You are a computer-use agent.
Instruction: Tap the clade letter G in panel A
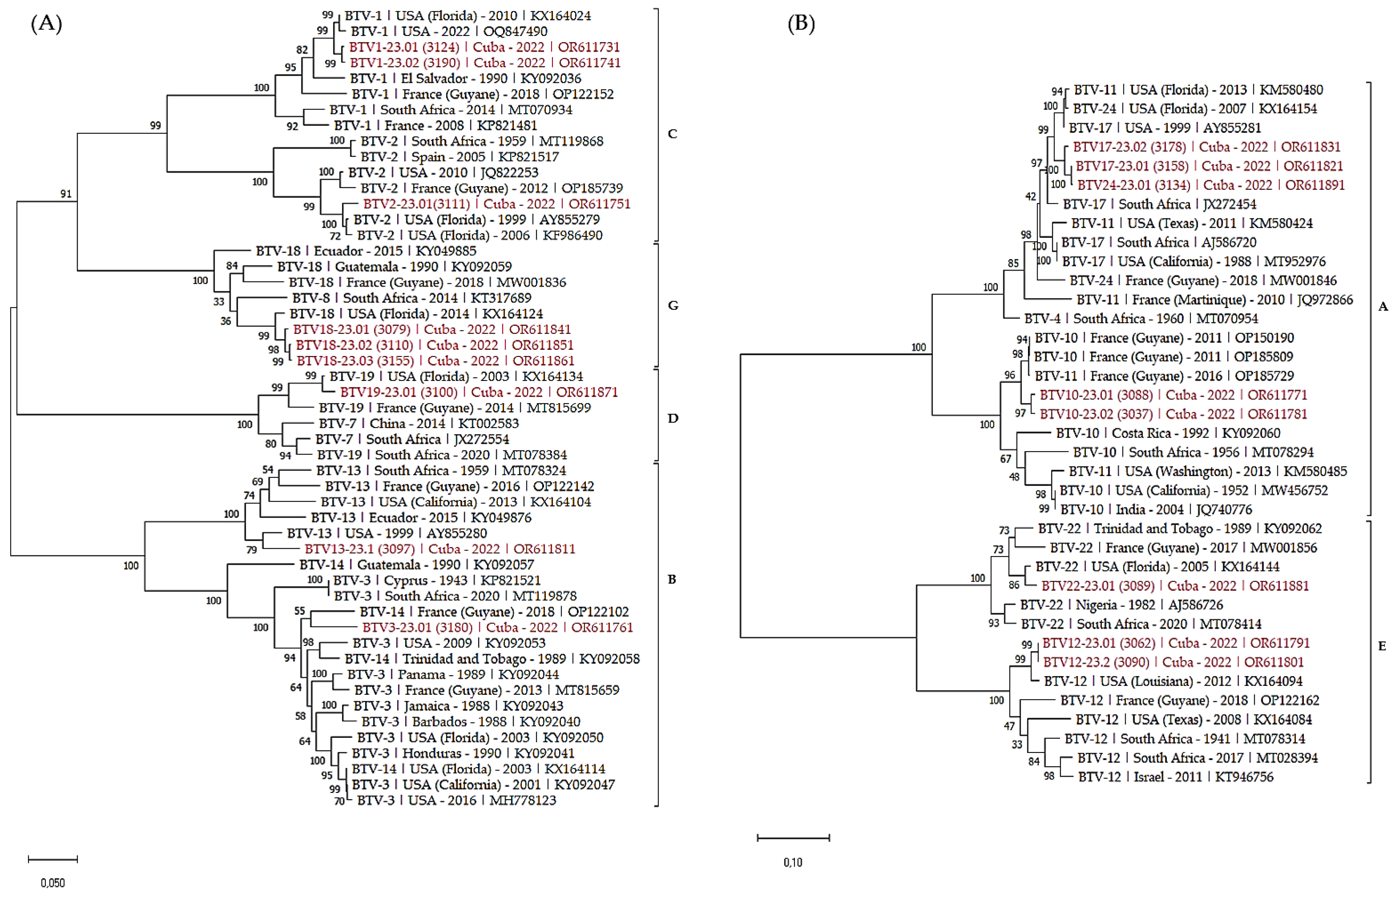[x=673, y=305]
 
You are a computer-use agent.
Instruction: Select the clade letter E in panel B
[x=1381, y=646]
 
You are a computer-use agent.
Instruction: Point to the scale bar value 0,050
[x=52, y=883]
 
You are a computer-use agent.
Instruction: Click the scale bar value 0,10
[x=792, y=862]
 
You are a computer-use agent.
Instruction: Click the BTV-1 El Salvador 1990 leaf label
[x=465, y=79]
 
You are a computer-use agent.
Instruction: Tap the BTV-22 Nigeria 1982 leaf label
[x=1121, y=605]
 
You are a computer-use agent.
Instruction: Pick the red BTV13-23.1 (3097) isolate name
[x=359, y=549]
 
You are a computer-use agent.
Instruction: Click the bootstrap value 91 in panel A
[x=66, y=193]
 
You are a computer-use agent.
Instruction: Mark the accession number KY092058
[x=609, y=659]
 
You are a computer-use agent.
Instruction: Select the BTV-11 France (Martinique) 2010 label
[x=1214, y=300]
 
